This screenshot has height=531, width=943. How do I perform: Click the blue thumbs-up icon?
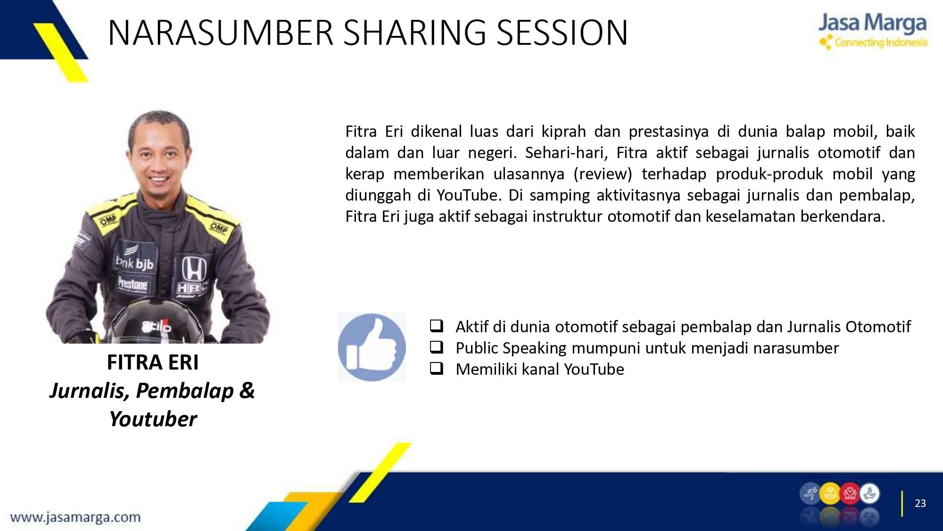(x=372, y=347)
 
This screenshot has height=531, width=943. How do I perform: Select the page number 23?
(x=920, y=503)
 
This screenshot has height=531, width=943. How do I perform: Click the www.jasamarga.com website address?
(x=75, y=517)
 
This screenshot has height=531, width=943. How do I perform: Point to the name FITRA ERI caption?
(x=153, y=362)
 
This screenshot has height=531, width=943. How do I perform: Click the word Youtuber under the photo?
(x=153, y=419)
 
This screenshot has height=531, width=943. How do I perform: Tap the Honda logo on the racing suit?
(x=194, y=269)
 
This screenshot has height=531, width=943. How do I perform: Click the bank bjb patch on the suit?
(x=135, y=262)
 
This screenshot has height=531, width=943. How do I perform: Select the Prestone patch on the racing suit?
(x=132, y=284)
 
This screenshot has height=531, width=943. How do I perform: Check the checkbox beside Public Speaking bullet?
(x=437, y=347)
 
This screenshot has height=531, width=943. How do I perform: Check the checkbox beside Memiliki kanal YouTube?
(x=437, y=368)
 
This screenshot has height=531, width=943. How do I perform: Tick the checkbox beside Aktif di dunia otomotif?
(x=437, y=326)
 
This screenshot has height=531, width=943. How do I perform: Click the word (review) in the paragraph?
(x=603, y=174)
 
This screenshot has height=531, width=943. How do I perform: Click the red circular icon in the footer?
(x=850, y=494)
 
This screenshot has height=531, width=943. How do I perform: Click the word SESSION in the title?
(x=562, y=33)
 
